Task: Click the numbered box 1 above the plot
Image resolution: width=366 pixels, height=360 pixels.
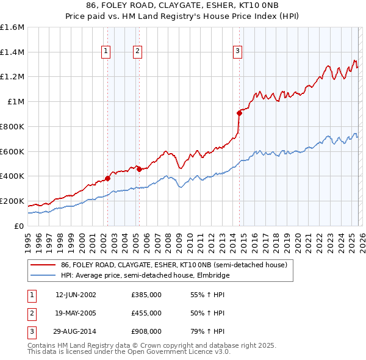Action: pyautogui.click(x=107, y=52)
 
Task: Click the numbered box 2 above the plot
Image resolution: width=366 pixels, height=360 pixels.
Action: pyautogui.click(x=138, y=52)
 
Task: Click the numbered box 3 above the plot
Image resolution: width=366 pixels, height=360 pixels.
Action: pyautogui.click(x=237, y=52)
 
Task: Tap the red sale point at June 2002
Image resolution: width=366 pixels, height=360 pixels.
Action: pyautogui.click(x=107, y=178)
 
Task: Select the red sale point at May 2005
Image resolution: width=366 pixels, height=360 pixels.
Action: pyautogui.click(x=139, y=169)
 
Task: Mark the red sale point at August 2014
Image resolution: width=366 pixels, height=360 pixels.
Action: pyautogui.click(x=239, y=113)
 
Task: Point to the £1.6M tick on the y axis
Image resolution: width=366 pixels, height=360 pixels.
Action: pyautogui.click(x=12, y=27)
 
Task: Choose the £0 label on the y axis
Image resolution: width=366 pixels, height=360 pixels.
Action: pyautogui.click(x=20, y=226)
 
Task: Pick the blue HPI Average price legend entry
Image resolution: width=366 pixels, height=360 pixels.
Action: pyautogui.click(x=143, y=276)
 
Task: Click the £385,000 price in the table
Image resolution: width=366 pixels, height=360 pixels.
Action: pyautogui.click(x=146, y=295)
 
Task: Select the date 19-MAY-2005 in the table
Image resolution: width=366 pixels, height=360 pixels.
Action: pyautogui.click(x=76, y=313)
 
